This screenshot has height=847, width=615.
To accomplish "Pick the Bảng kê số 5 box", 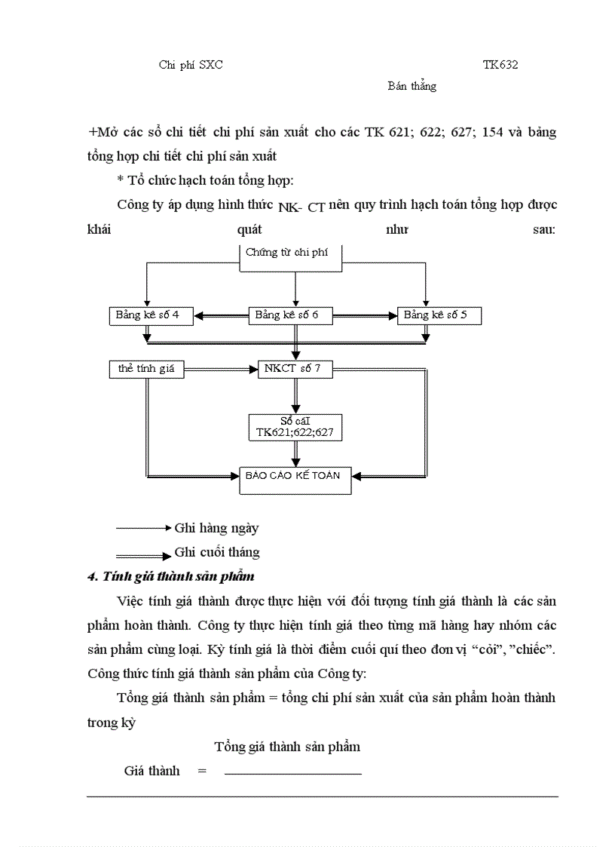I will [439, 315].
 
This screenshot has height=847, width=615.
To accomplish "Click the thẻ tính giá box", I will [146, 369].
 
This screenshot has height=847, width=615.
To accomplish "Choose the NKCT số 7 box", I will [294, 369].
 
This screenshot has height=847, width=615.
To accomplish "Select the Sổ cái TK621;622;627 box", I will [295, 428].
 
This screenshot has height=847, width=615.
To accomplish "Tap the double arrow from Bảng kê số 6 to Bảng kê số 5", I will [366, 316].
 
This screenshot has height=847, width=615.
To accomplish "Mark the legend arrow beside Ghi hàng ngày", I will [144, 528].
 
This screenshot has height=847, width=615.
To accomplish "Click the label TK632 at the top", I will [500, 65].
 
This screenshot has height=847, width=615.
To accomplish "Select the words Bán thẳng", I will [412, 86].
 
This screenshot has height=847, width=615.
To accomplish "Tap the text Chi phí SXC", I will [191, 65].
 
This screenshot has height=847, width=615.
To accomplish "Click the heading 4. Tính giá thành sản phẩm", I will [171, 577].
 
